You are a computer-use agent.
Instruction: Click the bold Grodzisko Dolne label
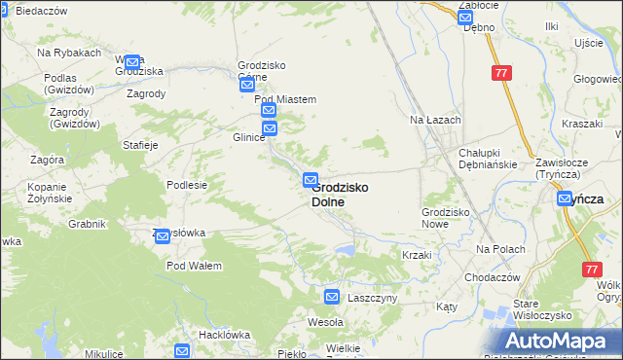[340, 195]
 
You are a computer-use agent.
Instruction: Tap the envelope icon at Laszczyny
[332, 297]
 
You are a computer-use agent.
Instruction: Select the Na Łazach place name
[434, 120]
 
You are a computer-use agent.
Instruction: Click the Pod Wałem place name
[194, 266]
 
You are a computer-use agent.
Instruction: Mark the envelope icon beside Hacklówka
[182, 350]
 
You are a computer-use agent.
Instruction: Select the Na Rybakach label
[69, 53]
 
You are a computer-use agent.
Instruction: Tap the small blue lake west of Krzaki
[344, 250]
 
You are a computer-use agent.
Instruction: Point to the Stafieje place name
[139, 145]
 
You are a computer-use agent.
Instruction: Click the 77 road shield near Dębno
[501, 74]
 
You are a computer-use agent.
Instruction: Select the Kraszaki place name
[582, 125]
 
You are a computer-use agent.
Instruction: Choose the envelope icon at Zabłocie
[465, 15]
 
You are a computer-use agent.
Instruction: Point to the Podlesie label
[187, 185]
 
